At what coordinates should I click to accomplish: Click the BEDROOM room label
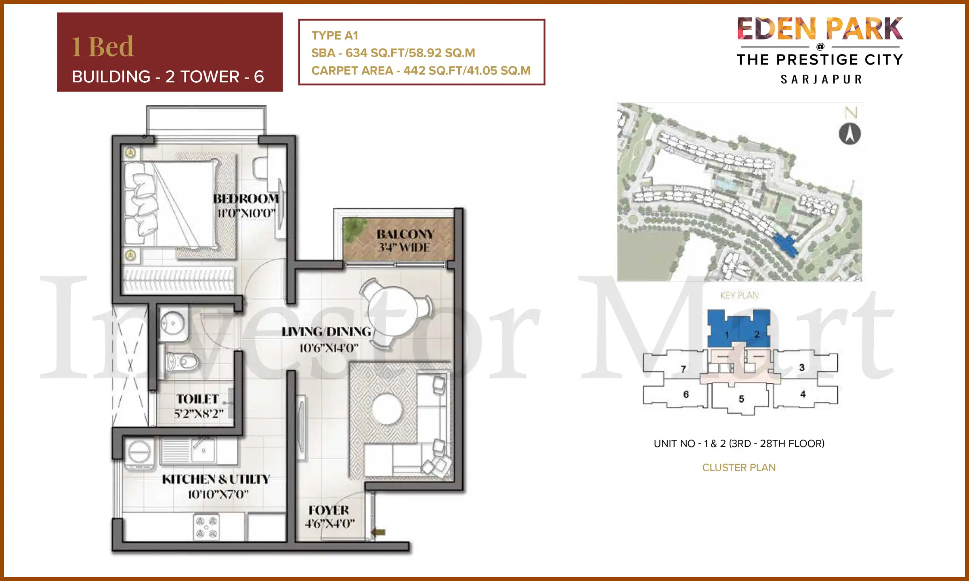(246, 199)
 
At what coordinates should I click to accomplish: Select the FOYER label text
(329, 510)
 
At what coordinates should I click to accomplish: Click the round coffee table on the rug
(386, 409)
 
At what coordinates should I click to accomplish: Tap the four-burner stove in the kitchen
(206, 527)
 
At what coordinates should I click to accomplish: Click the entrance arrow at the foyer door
(378, 532)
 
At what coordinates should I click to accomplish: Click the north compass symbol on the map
(849, 134)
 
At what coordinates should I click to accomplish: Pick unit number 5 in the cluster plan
(741, 399)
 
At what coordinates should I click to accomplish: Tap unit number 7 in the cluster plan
(683, 369)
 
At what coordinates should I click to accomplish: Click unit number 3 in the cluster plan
(802, 367)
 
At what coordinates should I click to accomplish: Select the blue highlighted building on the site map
(785, 245)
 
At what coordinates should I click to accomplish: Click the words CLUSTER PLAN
(739, 468)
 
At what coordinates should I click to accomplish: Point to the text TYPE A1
(335, 36)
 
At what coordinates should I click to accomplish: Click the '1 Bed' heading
(103, 47)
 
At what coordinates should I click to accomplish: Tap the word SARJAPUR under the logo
(821, 79)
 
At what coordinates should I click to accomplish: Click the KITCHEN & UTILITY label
(216, 479)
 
